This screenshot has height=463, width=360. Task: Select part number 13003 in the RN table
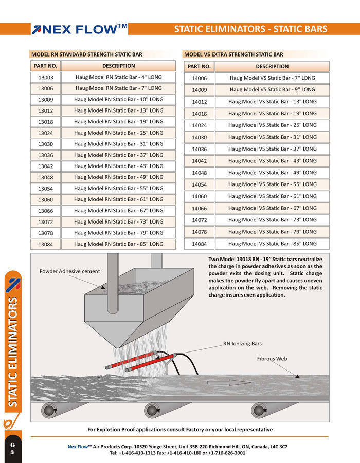tap(46, 77)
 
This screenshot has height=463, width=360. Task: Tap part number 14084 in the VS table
tap(199, 244)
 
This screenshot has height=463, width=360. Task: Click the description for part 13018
tap(118, 122)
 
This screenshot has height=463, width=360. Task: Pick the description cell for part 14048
tap(272, 173)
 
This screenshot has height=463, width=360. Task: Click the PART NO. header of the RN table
tap(46, 66)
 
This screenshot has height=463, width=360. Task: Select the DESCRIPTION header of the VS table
tap(272, 66)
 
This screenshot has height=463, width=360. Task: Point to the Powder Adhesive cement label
tap(69, 271)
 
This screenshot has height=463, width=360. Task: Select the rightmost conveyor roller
tap(260, 411)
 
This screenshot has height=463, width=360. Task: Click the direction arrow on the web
tap(226, 383)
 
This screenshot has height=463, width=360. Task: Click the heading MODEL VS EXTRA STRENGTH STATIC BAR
tap(233, 54)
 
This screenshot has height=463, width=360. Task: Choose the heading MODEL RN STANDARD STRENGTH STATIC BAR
tap(86, 54)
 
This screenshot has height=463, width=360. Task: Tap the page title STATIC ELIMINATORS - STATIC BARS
tap(250, 29)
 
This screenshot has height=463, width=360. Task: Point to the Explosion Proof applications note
tap(180, 430)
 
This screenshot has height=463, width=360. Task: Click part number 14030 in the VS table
tap(199, 137)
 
